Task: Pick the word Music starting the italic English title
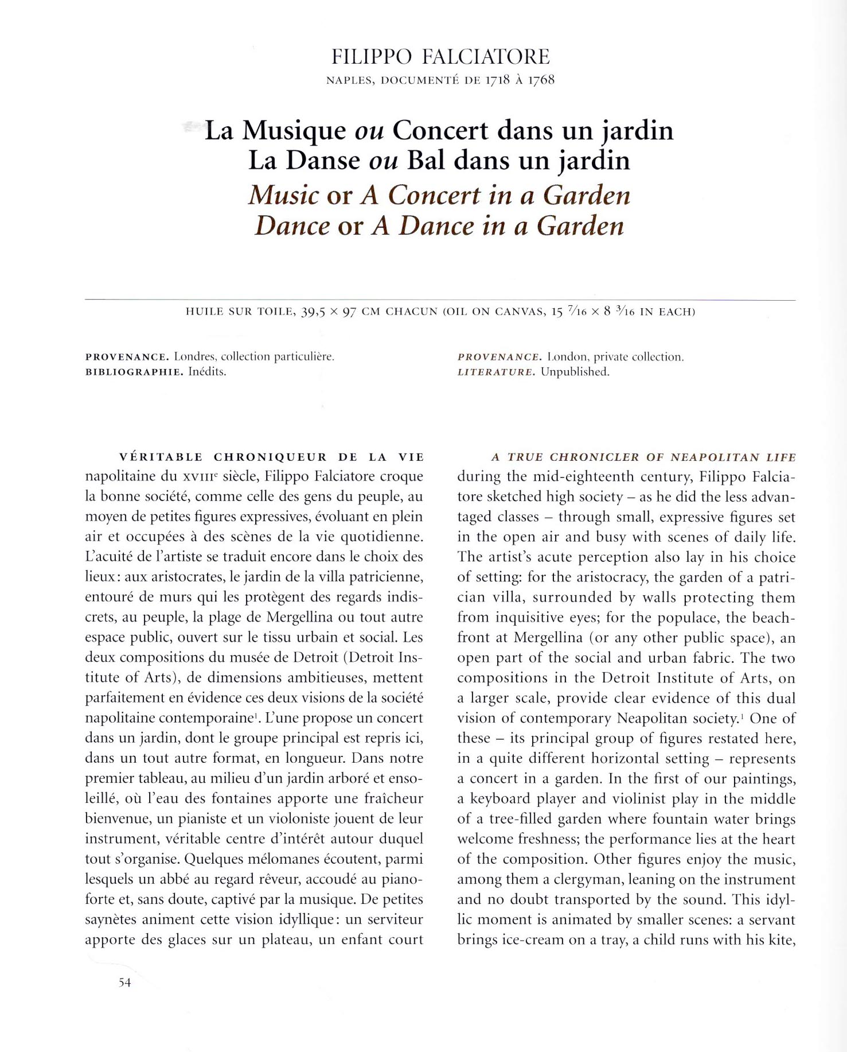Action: coord(283,195)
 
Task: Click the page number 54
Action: coord(125,983)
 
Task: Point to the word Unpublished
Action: coord(575,372)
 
